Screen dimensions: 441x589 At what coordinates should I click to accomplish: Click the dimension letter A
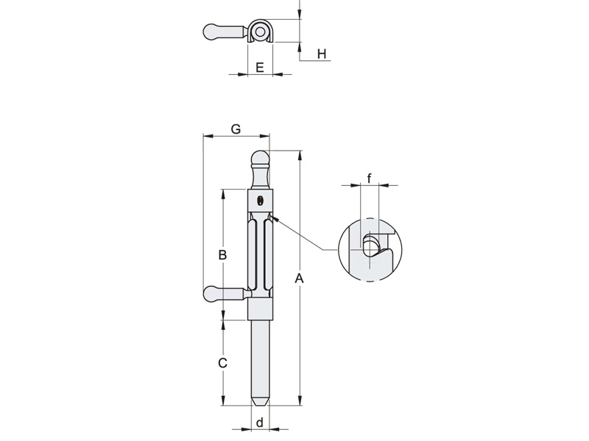point(299,278)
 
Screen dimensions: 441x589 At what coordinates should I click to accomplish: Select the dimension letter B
point(222,255)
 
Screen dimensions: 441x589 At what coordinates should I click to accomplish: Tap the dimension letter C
point(222,363)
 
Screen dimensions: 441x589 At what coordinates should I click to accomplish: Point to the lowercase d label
point(259,423)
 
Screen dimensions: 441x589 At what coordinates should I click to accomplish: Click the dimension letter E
point(259,68)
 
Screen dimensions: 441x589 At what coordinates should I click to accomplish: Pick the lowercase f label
point(369,176)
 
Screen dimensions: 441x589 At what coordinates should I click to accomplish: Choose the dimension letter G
point(236,129)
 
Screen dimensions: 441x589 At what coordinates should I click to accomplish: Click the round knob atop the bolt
point(259,159)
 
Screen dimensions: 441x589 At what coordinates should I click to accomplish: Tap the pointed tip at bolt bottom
point(259,402)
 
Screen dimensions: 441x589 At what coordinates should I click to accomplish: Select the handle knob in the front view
point(213,295)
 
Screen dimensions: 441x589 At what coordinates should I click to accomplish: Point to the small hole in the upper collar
point(260,201)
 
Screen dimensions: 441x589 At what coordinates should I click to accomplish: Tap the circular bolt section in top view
point(260,32)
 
